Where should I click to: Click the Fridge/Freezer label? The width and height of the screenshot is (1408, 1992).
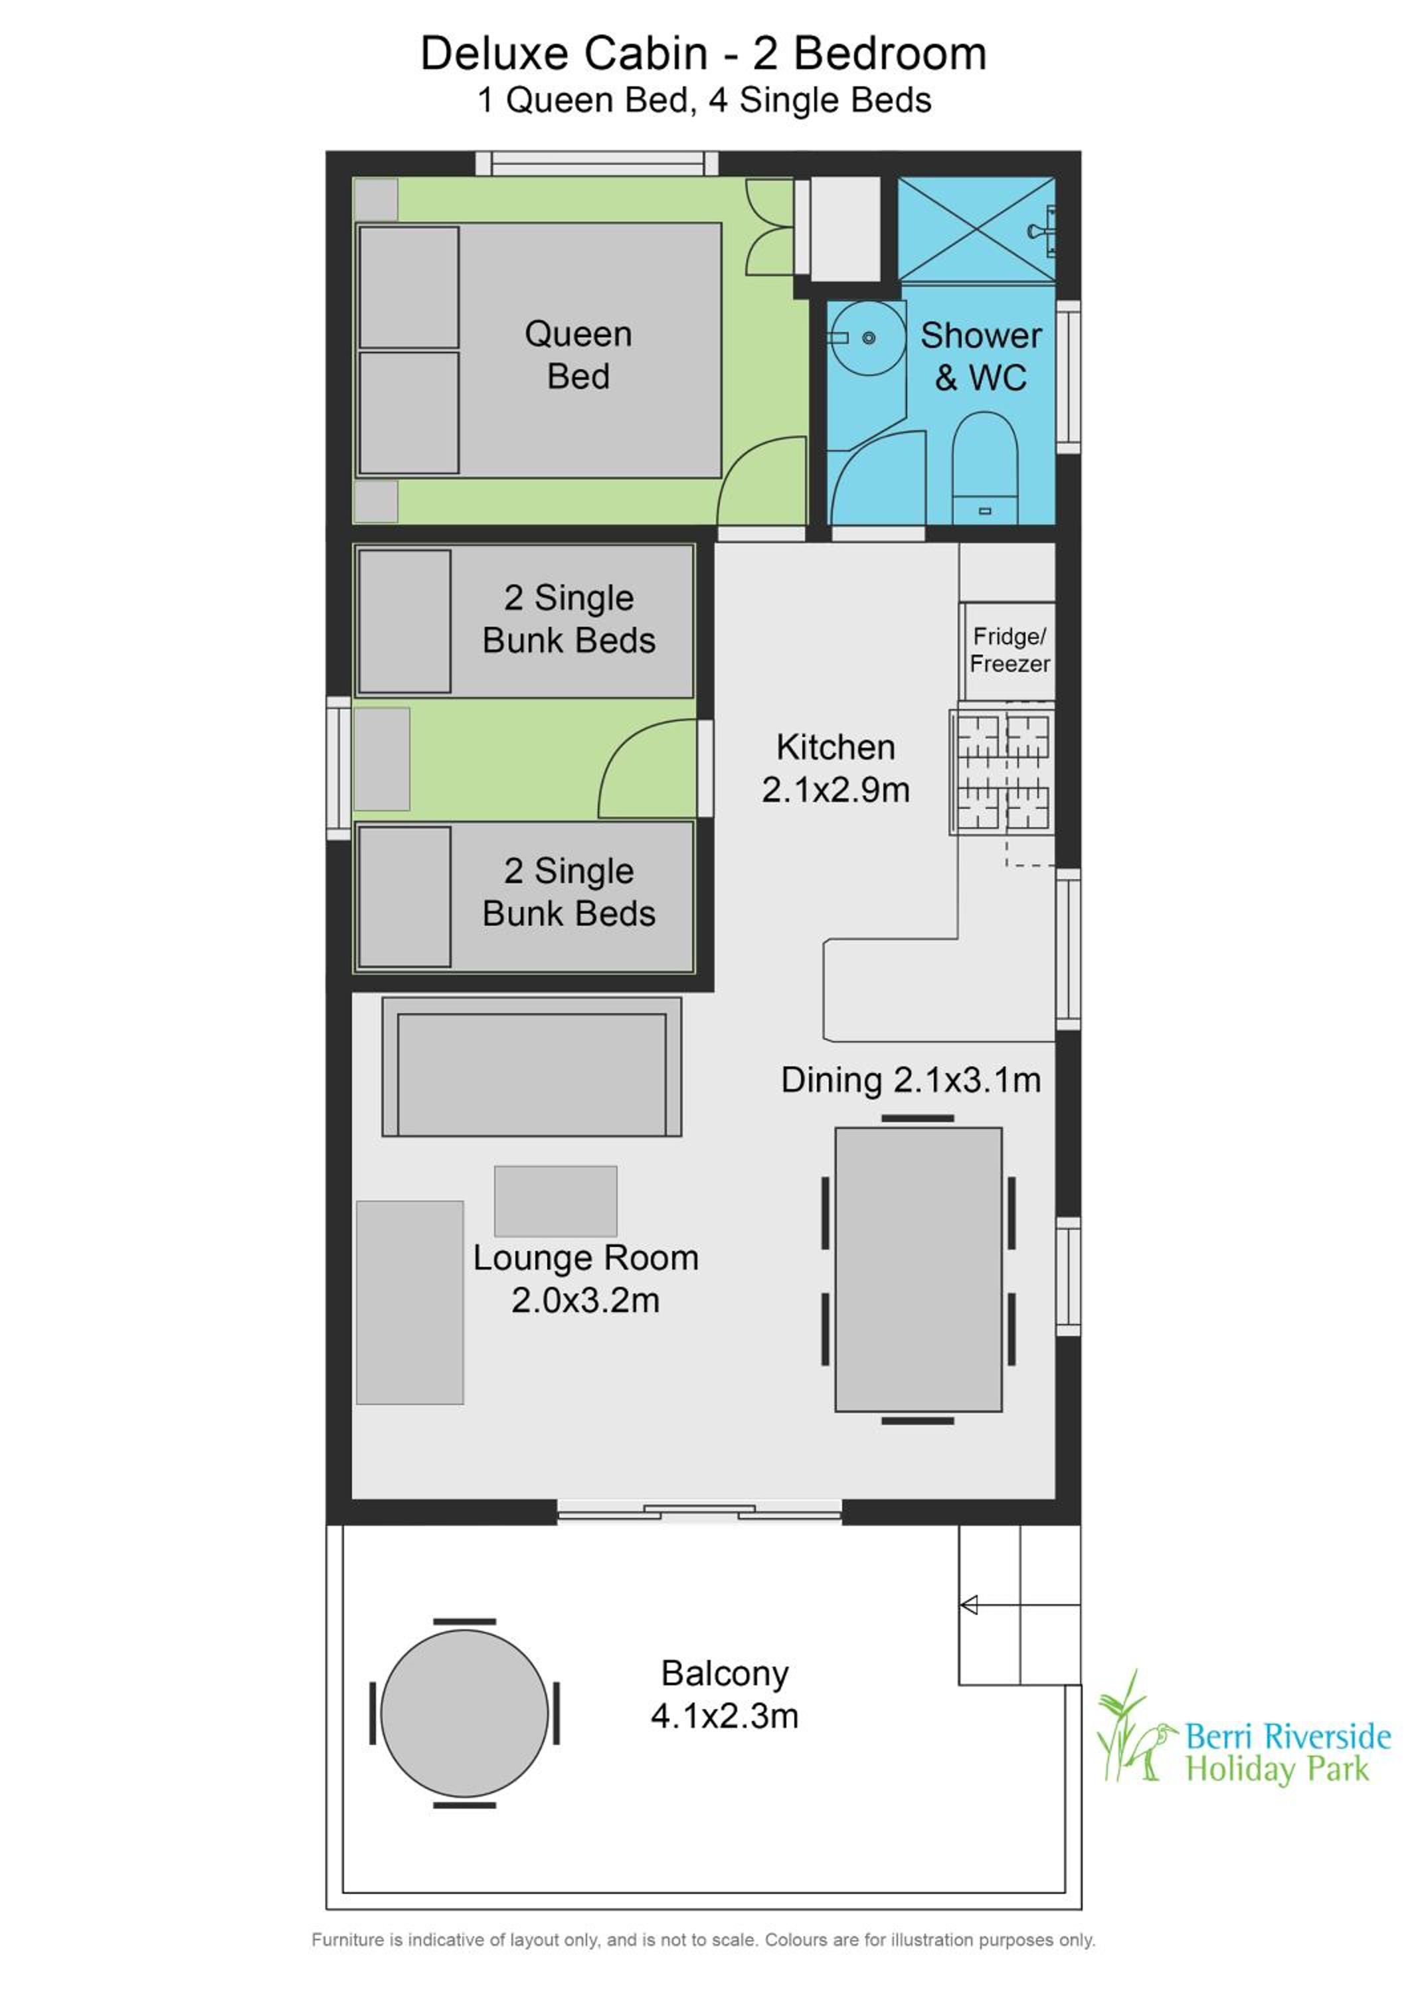tap(1009, 650)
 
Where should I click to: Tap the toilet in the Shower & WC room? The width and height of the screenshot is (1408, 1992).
tap(985, 469)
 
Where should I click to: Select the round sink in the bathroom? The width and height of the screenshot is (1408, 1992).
tap(867, 339)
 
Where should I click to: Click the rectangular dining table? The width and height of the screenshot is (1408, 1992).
tap(918, 1270)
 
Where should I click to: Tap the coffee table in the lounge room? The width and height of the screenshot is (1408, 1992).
tap(555, 1201)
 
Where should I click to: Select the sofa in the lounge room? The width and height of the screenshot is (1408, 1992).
tap(532, 1066)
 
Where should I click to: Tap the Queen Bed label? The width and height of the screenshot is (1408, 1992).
tap(578, 355)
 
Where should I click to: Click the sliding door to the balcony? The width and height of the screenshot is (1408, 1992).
tap(699, 1512)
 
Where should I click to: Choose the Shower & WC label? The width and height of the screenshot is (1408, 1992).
tap(981, 357)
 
